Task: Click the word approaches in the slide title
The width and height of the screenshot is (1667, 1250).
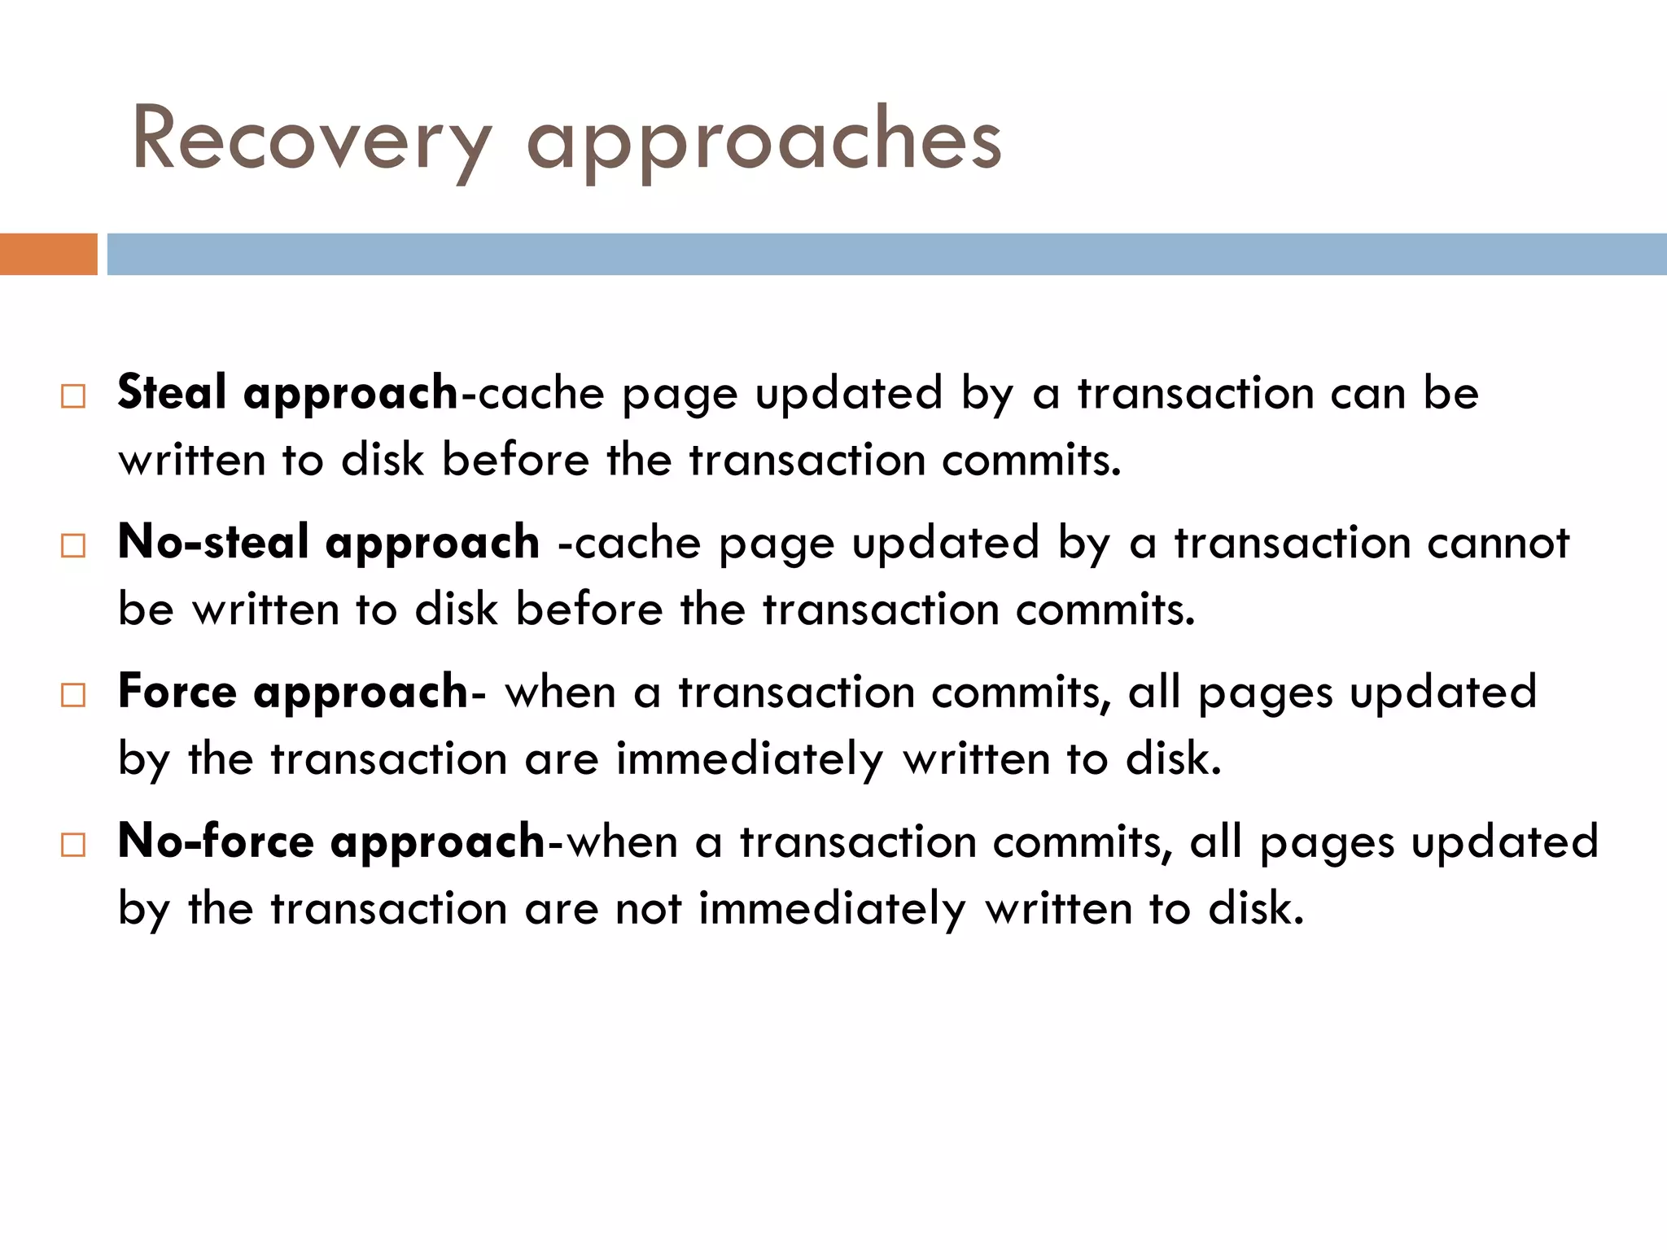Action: pos(763,140)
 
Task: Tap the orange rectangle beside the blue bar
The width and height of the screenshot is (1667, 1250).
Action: pos(48,254)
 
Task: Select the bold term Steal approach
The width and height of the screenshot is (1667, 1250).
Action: pos(288,393)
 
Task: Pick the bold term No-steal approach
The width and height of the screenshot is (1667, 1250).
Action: pos(328,543)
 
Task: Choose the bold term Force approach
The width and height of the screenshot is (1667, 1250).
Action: pos(293,693)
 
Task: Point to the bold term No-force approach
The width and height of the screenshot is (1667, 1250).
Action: pos(331,841)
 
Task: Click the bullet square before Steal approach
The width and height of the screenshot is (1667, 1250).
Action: pos(73,396)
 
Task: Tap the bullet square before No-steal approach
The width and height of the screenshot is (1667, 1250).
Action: pos(73,546)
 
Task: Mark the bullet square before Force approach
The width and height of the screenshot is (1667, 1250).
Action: pos(73,696)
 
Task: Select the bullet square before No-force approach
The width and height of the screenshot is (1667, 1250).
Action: pos(73,845)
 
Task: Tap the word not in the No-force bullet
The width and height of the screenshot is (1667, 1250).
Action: pos(648,909)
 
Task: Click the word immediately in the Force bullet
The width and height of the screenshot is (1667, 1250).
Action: pos(749,760)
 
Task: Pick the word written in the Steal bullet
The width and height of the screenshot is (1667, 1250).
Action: pos(192,461)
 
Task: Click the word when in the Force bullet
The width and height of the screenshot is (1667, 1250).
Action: pos(560,693)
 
